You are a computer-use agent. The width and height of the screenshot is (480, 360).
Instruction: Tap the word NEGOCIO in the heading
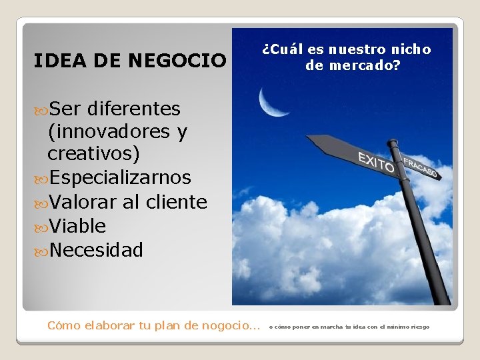click(x=176, y=61)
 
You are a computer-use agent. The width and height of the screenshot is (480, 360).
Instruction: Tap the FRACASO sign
click(x=419, y=167)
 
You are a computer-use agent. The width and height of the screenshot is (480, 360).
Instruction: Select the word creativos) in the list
click(x=94, y=154)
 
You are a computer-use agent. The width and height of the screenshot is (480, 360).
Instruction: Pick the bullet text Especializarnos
click(x=119, y=177)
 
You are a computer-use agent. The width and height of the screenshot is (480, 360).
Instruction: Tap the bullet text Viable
click(x=77, y=226)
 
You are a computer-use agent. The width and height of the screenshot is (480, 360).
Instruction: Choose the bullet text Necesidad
click(x=95, y=250)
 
